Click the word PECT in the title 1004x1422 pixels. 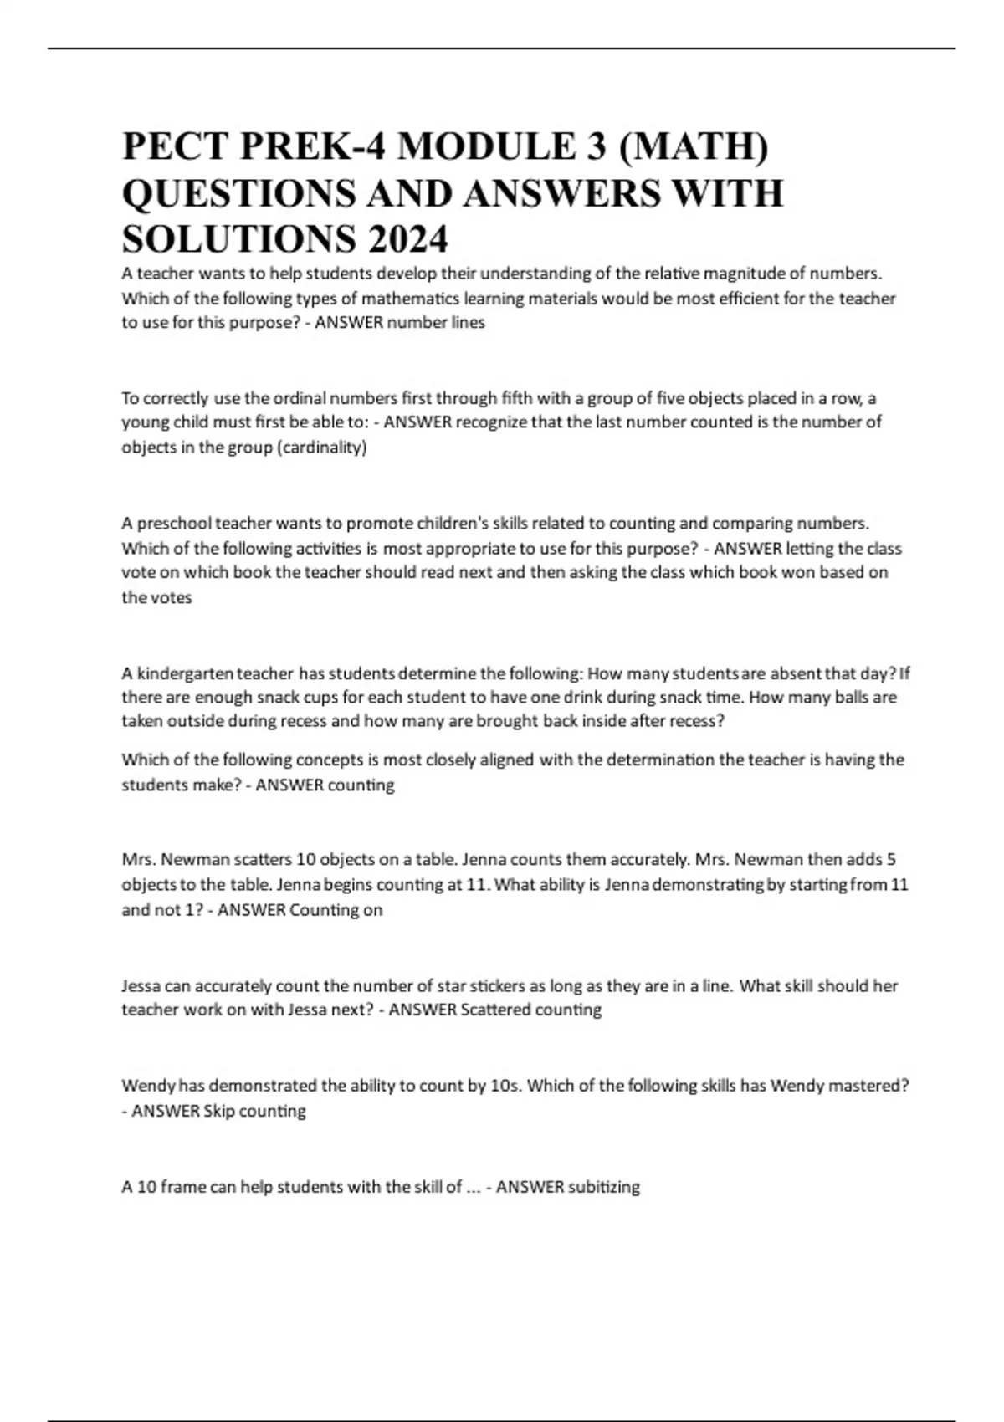pyautogui.click(x=175, y=147)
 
